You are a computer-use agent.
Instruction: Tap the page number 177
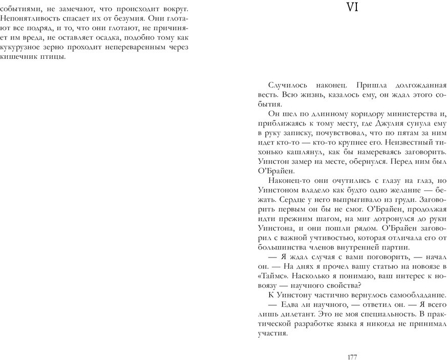pyautogui.click(x=352, y=357)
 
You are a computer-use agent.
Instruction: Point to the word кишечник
pyautogui.click(x=18, y=57)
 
